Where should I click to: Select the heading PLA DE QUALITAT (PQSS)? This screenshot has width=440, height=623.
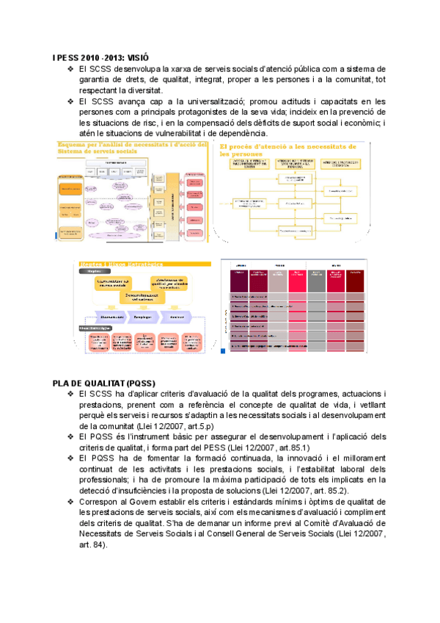click(103, 383)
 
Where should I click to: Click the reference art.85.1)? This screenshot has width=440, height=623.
click(292, 447)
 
